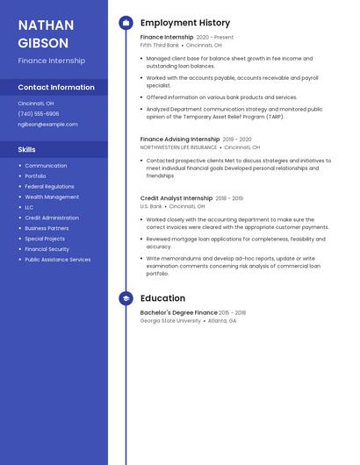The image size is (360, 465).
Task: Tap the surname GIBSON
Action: click(x=43, y=43)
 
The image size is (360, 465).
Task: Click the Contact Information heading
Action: click(x=56, y=88)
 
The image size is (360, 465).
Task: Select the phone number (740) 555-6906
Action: click(x=39, y=114)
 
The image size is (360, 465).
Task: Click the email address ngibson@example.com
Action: click(x=47, y=125)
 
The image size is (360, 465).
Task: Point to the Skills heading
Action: click(x=27, y=150)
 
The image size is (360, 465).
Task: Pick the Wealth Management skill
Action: click(x=52, y=197)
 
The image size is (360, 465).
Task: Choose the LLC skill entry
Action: click(x=29, y=208)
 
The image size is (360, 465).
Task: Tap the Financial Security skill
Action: click(x=47, y=249)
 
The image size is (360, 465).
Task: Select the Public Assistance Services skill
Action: click(x=57, y=260)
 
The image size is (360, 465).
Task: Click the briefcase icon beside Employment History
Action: click(x=126, y=23)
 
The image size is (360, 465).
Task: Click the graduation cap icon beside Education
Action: click(x=126, y=298)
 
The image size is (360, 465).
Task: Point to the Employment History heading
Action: click(x=185, y=23)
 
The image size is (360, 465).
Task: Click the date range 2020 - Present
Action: click(x=215, y=38)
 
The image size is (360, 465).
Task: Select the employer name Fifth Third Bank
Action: click(x=160, y=45)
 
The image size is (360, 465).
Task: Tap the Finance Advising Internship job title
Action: click(x=180, y=139)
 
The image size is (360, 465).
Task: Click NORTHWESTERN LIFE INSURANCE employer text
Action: click(x=178, y=147)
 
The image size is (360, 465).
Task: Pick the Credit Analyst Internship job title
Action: click(x=176, y=198)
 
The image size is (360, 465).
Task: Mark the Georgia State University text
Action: click(x=170, y=321)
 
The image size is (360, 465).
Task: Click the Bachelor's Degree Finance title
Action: click(x=178, y=313)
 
